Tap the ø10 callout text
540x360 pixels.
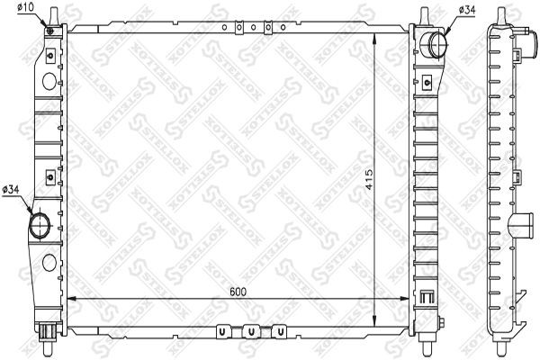(x=25, y=8)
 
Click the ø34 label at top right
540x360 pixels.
(x=469, y=10)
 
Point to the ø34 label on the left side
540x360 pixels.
(x=12, y=188)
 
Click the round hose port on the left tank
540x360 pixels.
(x=41, y=224)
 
